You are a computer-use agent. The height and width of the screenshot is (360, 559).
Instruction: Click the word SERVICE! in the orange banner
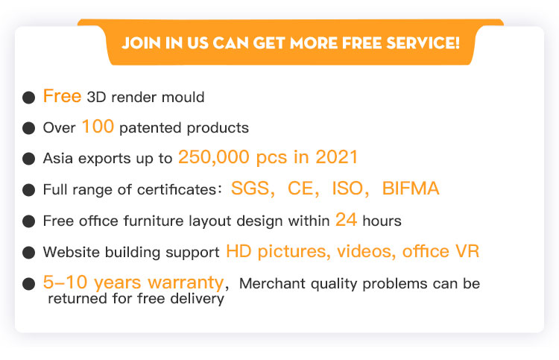click(423, 42)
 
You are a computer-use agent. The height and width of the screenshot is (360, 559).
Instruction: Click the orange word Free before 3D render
click(62, 96)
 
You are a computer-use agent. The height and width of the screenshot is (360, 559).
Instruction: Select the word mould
click(183, 97)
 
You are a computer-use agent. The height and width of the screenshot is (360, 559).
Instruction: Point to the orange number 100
click(98, 127)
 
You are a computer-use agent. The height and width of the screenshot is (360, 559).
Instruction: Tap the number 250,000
click(214, 157)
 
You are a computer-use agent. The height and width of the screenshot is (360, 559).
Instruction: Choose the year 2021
click(337, 157)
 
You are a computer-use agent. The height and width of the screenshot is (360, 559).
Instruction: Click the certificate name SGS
click(250, 188)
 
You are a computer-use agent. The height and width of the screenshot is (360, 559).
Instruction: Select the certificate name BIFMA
click(411, 188)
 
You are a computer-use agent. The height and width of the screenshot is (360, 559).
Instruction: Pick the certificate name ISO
click(347, 188)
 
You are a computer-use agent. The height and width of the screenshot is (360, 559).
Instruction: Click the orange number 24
click(346, 220)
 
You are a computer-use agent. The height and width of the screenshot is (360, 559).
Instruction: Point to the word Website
click(72, 252)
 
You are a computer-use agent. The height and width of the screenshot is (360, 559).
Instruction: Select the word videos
click(366, 251)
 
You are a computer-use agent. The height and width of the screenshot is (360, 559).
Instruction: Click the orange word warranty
click(186, 282)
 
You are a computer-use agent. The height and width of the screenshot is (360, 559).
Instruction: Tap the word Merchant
click(272, 284)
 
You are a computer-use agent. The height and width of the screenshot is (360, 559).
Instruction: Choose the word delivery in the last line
click(198, 299)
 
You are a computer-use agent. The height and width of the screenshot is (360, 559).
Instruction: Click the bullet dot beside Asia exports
click(28, 159)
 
